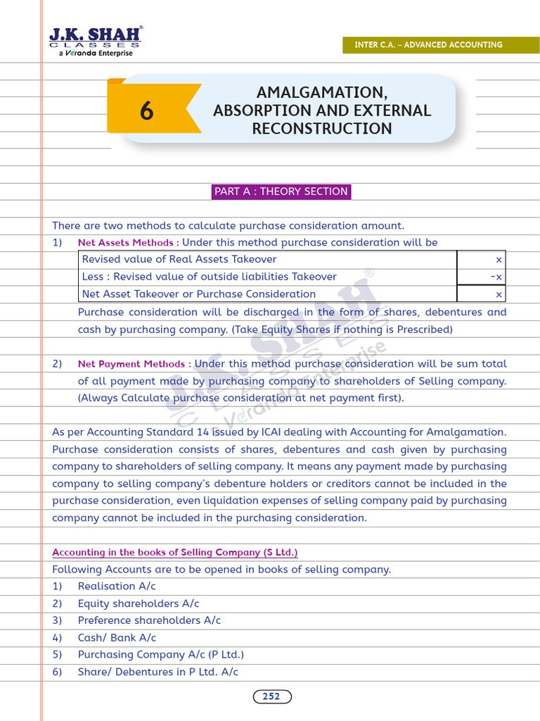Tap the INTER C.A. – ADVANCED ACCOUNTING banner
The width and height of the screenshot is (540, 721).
[427, 44]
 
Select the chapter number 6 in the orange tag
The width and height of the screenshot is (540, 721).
[146, 111]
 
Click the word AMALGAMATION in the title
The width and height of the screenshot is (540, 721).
[322, 93]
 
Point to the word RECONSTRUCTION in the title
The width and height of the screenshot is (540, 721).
[322, 128]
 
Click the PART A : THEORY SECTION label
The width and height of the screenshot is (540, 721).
[281, 192]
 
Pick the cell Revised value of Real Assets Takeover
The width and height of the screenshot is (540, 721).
[169, 259]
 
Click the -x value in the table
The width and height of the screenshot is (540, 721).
[496, 277]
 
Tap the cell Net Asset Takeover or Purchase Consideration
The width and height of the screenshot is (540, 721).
[199, 294]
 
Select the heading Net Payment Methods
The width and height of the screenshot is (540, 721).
[132, 364]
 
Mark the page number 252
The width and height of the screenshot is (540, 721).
[271, 696]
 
